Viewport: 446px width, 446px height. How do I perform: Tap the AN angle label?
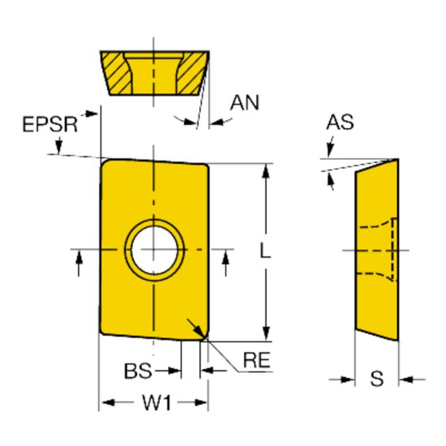[245, 102]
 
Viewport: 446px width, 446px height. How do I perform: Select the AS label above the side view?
[341, 123]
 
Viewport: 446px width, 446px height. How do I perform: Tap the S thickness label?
[377, 378]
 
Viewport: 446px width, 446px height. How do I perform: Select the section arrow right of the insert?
[225, 258]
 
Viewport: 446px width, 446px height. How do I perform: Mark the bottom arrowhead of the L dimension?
[265, 332]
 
